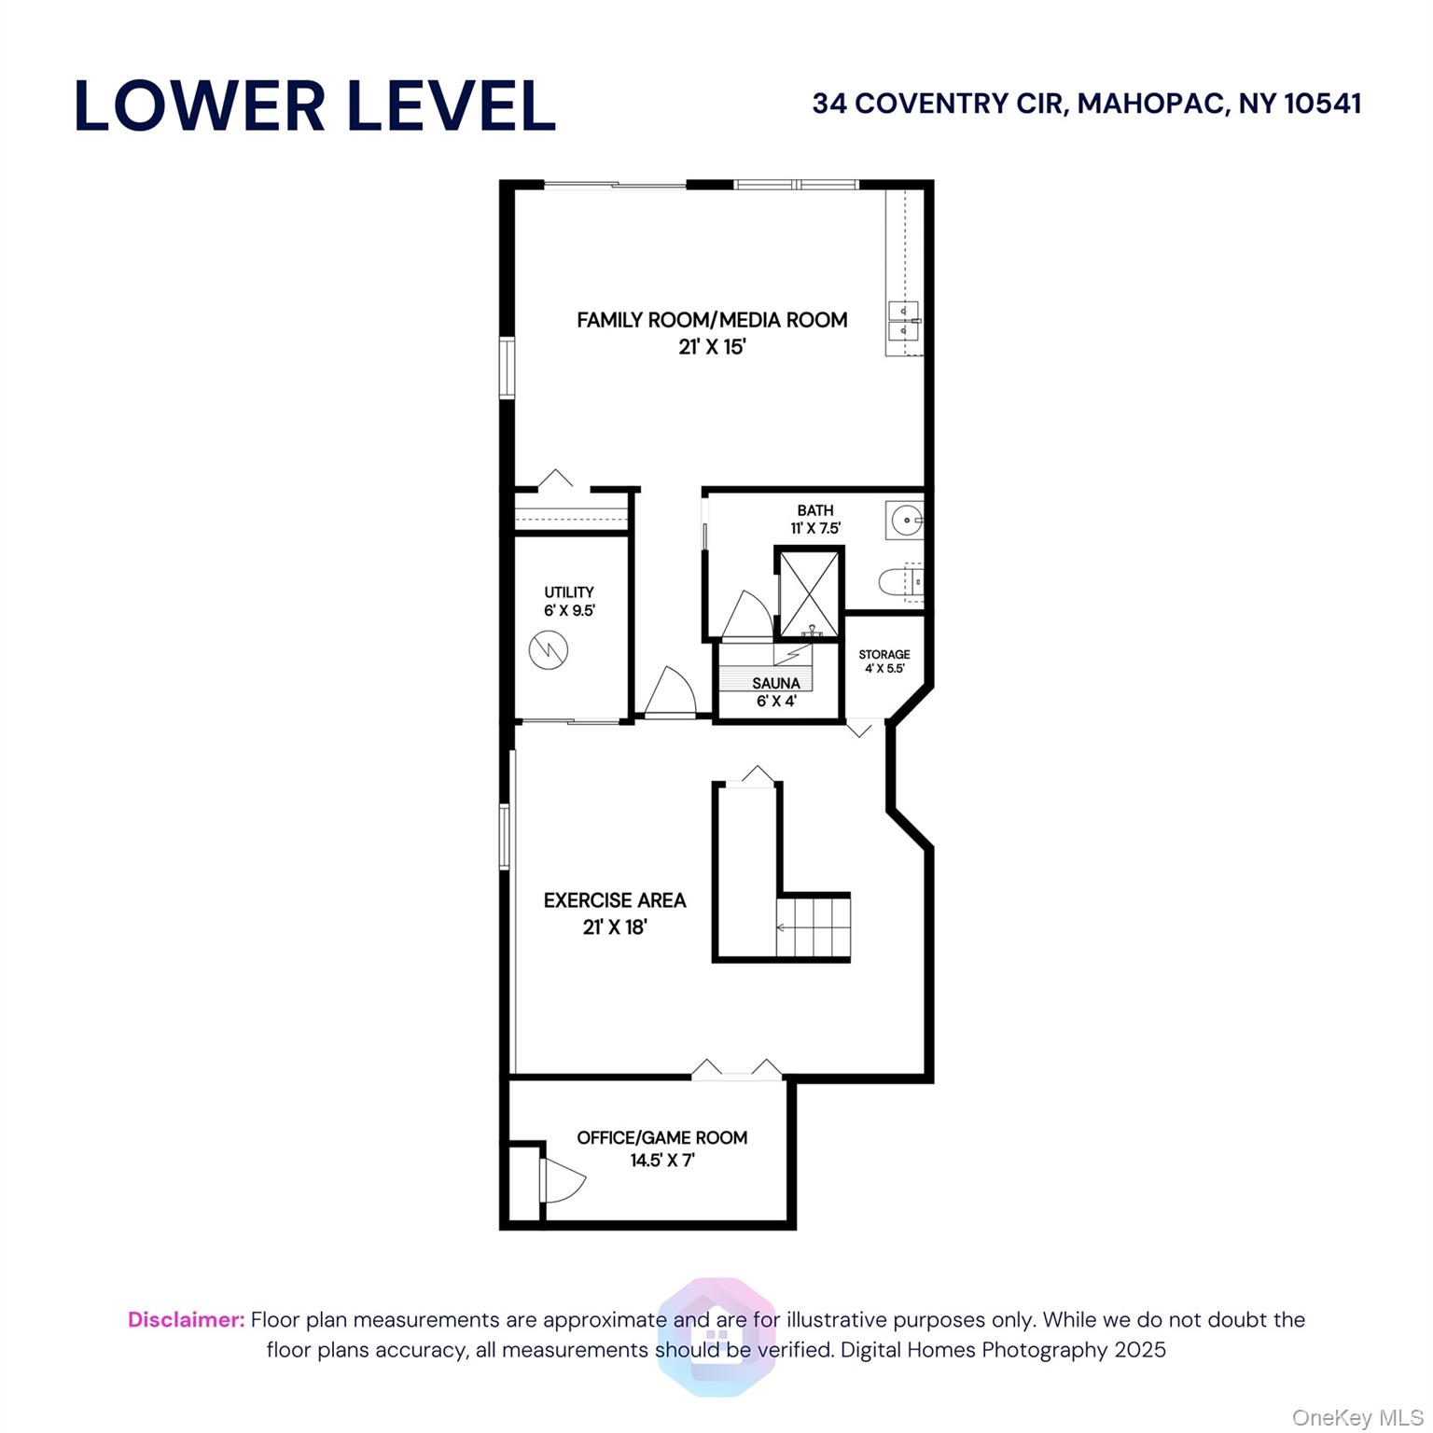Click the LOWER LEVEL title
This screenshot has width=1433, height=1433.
pyautogui.click(x=315, y=105)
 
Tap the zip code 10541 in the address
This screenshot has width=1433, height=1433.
pyautogui.click(x=1323, y=103)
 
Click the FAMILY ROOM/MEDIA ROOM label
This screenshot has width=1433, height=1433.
pyautogui.click(x=712, y=320)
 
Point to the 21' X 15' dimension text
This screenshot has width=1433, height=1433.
pyautogui.click(x=712, y=347)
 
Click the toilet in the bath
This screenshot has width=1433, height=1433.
pyautogui.click(x=900, y=581)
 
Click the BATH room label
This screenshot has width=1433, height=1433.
pyautogui.click(x=815, y=510)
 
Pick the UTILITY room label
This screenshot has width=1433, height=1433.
pyautogui.click(x=569, y=592)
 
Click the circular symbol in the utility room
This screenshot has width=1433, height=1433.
pyautogui.click(x=549, y=649)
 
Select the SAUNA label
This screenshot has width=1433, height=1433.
pyautogui.click(x=776, y=683)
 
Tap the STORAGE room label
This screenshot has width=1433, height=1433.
pyautogui.click(x=884, y=654)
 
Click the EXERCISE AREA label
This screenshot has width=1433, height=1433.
pyautogui.click(x=615, y=900)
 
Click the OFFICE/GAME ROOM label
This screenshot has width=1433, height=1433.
pyautogui.click(x=662, y=1137)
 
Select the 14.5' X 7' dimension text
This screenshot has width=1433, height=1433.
pyautogui.click(x=662, y=1161)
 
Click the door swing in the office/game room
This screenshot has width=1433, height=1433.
pyautogui.click(x=563, y=1180)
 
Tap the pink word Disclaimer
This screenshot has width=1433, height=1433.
pyautogui.click(x=187, y=1320)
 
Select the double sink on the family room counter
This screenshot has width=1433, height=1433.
pyautogui.click(x=903, y=321)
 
